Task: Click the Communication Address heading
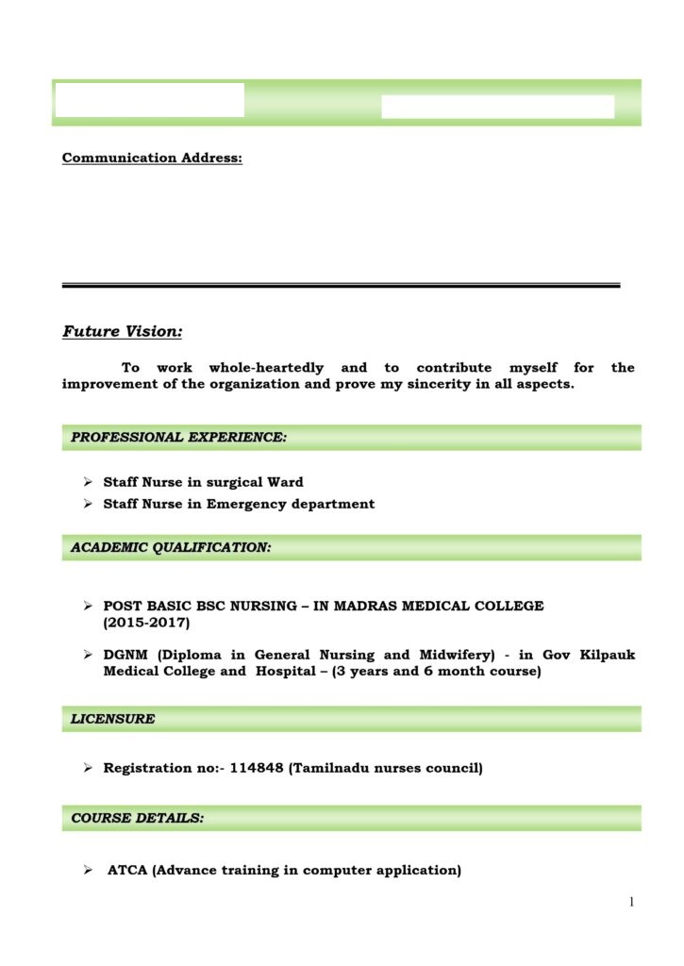[152, 158]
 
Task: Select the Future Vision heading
[123, 331]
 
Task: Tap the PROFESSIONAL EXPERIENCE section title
[179, 437]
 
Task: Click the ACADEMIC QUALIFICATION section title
[172, 547]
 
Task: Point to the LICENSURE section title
[112, 719]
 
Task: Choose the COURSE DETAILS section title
[138, 818]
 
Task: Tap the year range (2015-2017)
[146, 623]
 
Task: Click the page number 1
[631, 903]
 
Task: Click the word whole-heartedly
[266, 367]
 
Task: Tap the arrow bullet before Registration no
[87, 768]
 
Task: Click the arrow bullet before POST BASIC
[87, 606]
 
